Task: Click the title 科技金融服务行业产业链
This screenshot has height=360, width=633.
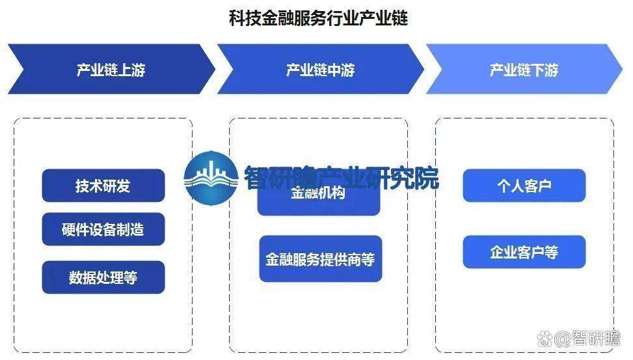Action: click(318, 18)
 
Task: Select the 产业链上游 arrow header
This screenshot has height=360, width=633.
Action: click(111, 70)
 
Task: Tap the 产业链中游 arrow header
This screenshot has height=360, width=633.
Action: click(319, 70)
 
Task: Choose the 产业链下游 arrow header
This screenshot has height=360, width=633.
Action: click(524, 70)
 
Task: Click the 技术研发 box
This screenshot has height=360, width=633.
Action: click(103, 186)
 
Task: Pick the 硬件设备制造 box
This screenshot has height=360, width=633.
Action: click(103, 229)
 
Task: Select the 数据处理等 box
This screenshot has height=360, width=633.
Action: click(103, 277)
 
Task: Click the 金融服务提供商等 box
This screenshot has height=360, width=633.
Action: click(320, 259)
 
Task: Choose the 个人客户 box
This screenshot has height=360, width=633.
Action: click(524, 186)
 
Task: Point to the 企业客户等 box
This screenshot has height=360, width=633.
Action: click(524, 253)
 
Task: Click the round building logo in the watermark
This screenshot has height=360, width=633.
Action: click(209, 178)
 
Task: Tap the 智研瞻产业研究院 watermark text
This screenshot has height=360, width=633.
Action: click(341, 178)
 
